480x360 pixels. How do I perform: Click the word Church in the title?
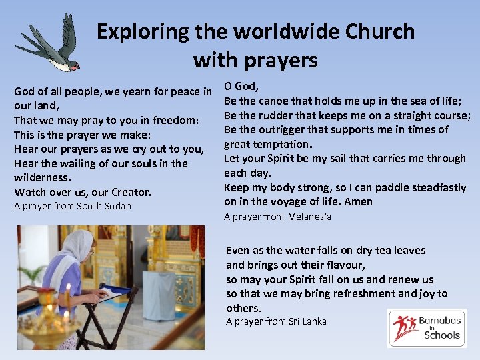tap(384, 31)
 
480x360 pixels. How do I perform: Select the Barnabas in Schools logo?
tap(427, 328)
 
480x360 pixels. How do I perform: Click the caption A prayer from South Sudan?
tap(73, 206)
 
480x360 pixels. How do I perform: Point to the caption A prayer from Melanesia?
tap(277, 217)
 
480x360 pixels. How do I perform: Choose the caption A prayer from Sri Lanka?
tap(276, 321)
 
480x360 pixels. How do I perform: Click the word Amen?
tap(360, 201)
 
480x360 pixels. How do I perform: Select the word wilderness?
tap(42, 178)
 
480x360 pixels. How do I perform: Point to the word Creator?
tap(131, 192)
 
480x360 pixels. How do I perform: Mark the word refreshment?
tap(372, 293)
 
